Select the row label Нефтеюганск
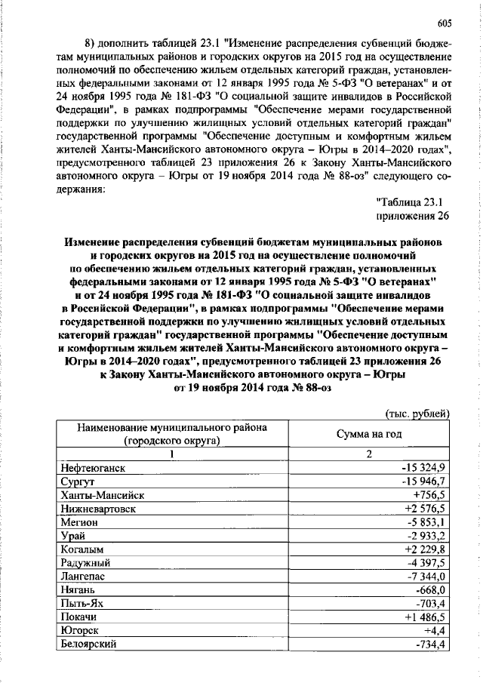click(91, 468)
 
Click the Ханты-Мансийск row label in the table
click(97, 494)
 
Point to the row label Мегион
click(78, 521)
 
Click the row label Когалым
click(81, 549)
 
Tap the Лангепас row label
click(82, 576)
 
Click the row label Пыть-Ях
click(80, 603)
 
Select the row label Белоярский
click(88, 644)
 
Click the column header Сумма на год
click(368, 434)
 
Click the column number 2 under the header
click(369, 454)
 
